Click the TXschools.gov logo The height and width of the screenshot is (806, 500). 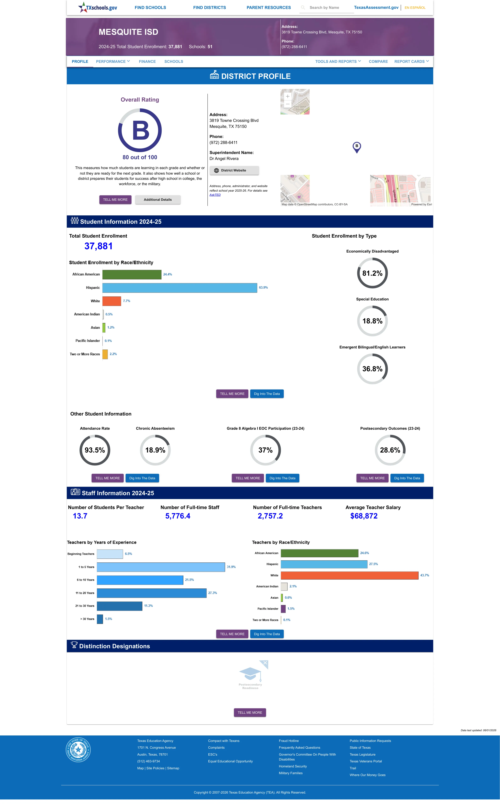[x=98, y=7]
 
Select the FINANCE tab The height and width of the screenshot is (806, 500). [x=147, y=62]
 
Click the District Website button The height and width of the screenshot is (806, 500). [x=234, y=170]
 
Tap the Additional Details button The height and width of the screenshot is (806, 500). [x=158, y=200]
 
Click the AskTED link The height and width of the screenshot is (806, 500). [x=215, y=195]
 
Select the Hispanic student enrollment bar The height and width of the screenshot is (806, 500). [x=180, y=288]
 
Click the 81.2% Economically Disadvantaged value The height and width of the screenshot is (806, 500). [x=372, y=273]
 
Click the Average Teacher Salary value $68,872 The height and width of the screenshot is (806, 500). [x=364, y=516]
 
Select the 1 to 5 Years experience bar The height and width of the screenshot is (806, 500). [x=161, y=567]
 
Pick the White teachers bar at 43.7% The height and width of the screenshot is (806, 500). [x=350, y=575]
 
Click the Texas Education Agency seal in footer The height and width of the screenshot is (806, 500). [x=78, y=749]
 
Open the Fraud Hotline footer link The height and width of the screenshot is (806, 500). [x=289, y=741]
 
